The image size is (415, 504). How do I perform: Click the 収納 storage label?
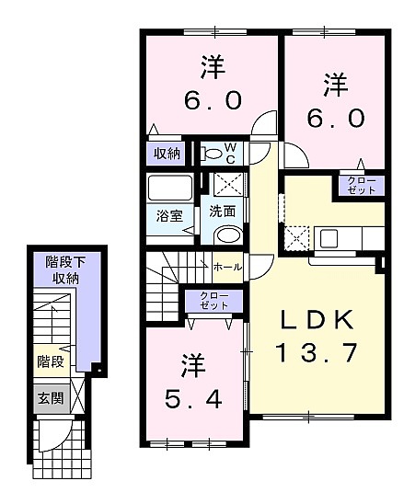coord(167,154)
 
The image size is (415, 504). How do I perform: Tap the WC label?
coord(230,153)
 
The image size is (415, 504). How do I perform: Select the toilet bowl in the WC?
coord(212,154)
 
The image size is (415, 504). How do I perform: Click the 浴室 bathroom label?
coord(169,216)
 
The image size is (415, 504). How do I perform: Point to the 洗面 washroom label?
coord(222,212)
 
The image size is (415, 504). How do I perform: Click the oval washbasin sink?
coord(229,235)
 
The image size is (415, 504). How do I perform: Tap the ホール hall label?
coord(227,267)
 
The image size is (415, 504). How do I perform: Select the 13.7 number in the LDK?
coord(317,352)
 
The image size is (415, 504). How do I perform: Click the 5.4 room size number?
coord(193,398)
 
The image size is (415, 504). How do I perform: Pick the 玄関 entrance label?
coord(52,398)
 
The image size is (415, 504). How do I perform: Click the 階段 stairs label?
coord(51,362)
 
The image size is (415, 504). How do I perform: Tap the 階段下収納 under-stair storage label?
coord(65,270)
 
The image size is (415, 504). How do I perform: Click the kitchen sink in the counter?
coord(329,238)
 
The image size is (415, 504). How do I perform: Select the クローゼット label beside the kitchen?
coord(362,186)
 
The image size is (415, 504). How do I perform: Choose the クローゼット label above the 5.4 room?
coord(213,301)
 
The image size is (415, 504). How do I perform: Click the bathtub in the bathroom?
coord(170,188)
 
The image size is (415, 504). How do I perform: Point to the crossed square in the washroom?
coord(229,184)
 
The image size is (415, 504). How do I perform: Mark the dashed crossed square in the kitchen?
coord(295,238)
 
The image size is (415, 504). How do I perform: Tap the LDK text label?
coord(317,320)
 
